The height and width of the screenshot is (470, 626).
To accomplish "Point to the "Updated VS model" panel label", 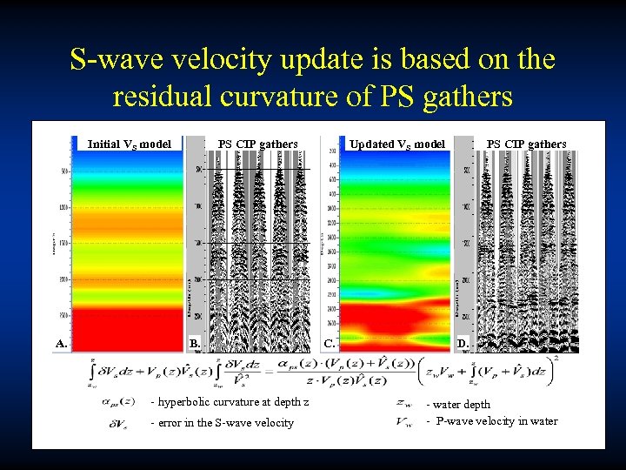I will click(x=396, y=144).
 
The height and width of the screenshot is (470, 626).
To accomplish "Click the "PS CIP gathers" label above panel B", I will click(x=257, y=144).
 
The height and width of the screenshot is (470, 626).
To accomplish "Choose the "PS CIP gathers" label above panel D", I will click(x=526, y=144).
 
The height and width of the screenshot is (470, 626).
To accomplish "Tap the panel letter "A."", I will click(x=61, y=344).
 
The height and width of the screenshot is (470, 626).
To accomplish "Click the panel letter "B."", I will click(x=195, y=344).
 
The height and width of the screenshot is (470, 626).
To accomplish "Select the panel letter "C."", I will click(x=330, y=343).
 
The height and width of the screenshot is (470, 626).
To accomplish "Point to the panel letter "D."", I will click(x=464, y=344).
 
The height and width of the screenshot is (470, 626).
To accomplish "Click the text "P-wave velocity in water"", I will click(x=496, y=421).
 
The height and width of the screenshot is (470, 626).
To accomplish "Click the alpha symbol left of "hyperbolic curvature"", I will click(x=117, y=402).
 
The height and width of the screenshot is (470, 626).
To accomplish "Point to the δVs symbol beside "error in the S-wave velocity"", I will click(x=117, y=424).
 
